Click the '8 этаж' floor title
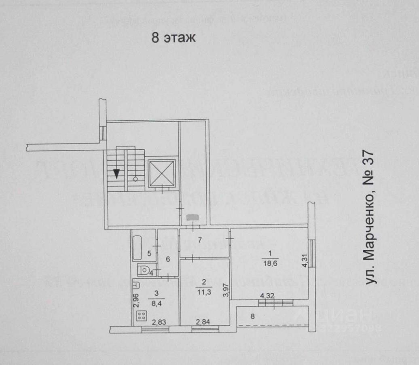click(174, 38)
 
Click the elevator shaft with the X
click(161, 174)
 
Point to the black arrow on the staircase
click(116, 173)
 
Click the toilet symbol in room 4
click(144, 269)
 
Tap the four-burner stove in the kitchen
click(142, 316)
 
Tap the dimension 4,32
click(267, 296)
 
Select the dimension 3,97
click(227, 290)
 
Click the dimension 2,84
click(203, 323)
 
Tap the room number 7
click(199, 240)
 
